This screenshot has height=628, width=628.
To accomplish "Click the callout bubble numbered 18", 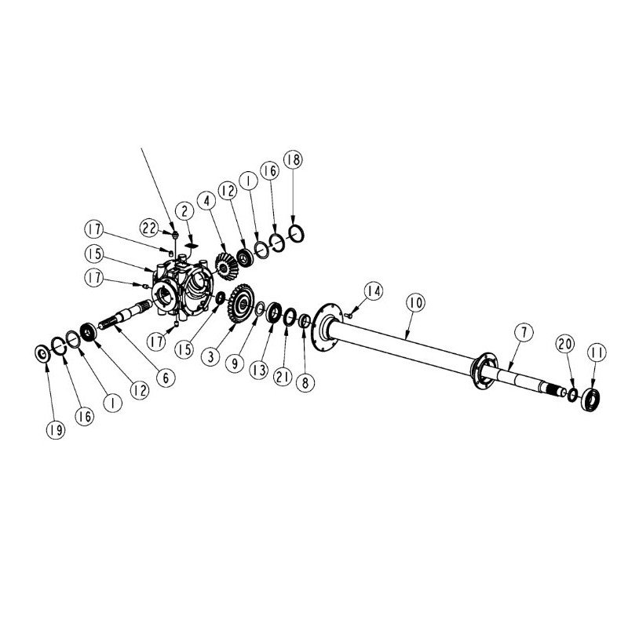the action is (x=293, y=160).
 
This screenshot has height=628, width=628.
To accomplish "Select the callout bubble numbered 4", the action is (x=206, y=201).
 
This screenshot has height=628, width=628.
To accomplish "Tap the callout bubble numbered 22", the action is (x=149, y=228).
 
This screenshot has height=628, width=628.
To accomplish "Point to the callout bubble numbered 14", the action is (x=374, y=291).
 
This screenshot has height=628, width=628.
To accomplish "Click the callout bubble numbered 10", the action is (x=416, y=303).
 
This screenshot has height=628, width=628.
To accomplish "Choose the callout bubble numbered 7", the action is (x=524, y=332).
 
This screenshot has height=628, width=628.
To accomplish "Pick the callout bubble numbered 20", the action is (x=564, y=344).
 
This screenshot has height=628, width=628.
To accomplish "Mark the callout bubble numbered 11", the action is (x=597, y=352).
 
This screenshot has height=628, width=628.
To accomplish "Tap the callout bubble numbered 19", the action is (x=55, y=429).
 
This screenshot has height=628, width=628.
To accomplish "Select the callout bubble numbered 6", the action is (x=166, y=377).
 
